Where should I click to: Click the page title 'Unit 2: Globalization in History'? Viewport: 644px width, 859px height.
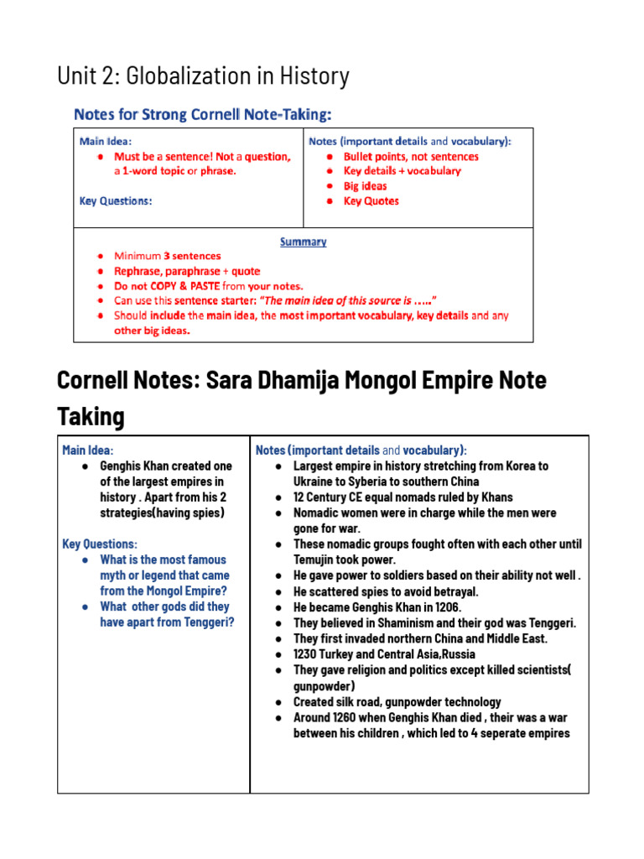(203, 76)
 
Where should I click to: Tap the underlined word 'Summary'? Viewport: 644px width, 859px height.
(303, 242)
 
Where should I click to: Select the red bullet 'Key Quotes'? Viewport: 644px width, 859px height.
(371, 201)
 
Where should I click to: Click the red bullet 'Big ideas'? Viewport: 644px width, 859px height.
(365, 186)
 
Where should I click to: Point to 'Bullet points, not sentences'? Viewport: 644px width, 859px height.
(411, 157)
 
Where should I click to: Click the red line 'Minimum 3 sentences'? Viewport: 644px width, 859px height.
(168, 256)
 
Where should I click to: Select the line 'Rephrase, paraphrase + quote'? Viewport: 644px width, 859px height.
(187, 271)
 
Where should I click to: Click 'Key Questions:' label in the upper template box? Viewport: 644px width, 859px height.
(116, 201)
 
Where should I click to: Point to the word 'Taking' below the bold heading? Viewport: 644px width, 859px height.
(91, 416)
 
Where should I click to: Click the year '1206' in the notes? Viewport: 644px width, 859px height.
(444, 607)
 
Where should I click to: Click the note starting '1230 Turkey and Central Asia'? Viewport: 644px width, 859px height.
(384, 654)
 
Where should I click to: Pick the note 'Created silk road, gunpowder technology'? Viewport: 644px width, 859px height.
(397, 702)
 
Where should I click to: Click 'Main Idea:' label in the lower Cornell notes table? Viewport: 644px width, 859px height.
(88, 450)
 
